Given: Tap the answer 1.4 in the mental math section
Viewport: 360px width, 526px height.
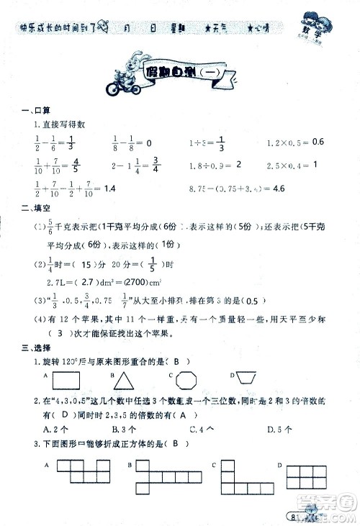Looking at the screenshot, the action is tap(109, 189).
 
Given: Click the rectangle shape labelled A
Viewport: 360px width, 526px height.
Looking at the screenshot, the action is tap(68, 380).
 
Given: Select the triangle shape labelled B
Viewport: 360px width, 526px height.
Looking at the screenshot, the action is tap(129, 381).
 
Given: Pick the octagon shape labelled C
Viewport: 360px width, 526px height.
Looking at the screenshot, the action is tap(187, 381).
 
